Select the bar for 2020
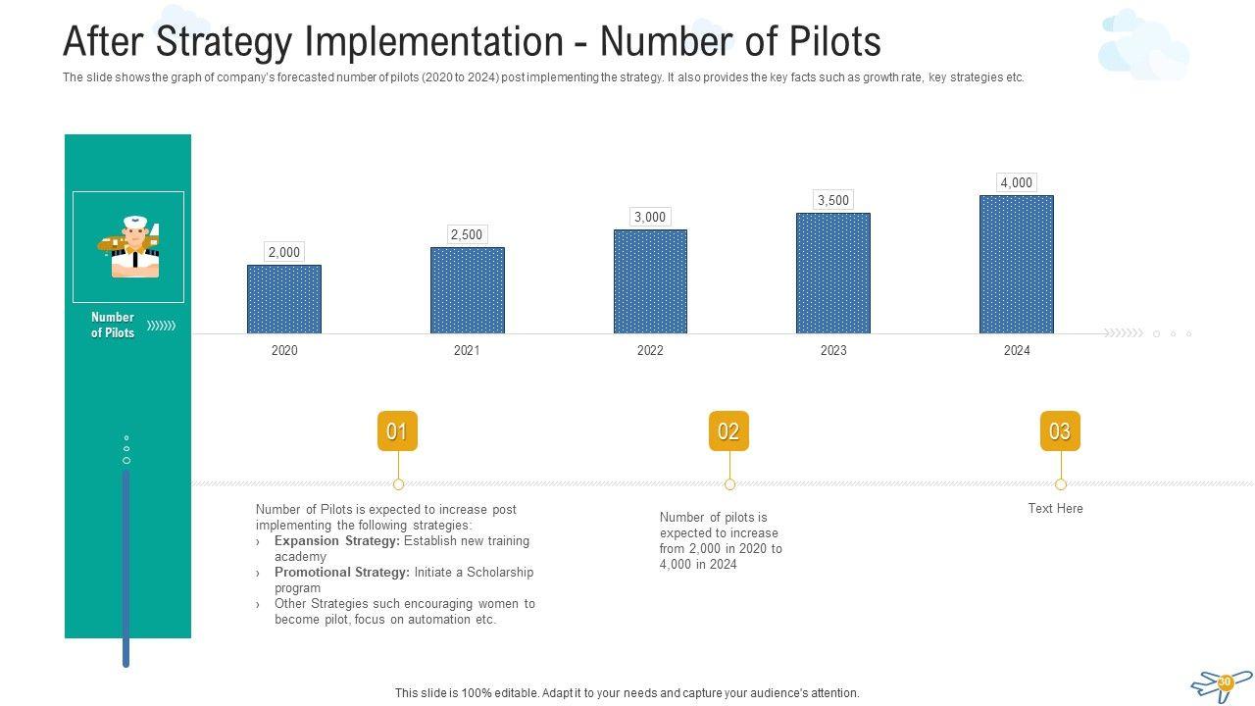pyautogui.click(x=283, y=299)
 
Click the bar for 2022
pyautogui.click(x=650, y=281)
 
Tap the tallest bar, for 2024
pyautogui.click(x=1016, y=264)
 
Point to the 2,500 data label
pyautogui.click(x=467, y=234)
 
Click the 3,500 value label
pyautogui.click(x=833, y=200)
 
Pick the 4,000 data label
pyautogui.click(x=1016, y=182)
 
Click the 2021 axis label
pyautogui.click(x=467, y=350)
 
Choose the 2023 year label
pyautogui.click(x=833, y=350)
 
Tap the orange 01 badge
pyautogui.click(x=397, y=431)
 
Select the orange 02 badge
pyautogui.click(x=728, y=431)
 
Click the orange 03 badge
pyautogui.click(x=1060, y=431)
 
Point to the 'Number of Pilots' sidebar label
pyautogui.click(x=113, y=325)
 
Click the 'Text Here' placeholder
pyautogui.click(x=1055, y=508)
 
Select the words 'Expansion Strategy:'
pyautogui.click(x=336, y=540)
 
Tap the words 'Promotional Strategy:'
pyautogui.click(x=341, y=572)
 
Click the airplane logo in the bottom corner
pyautogui.click(x=1222, y=684)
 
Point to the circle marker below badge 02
pyautogui.click(x=729, y=484)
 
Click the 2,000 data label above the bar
pyautogui.click(x=283, y=252)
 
